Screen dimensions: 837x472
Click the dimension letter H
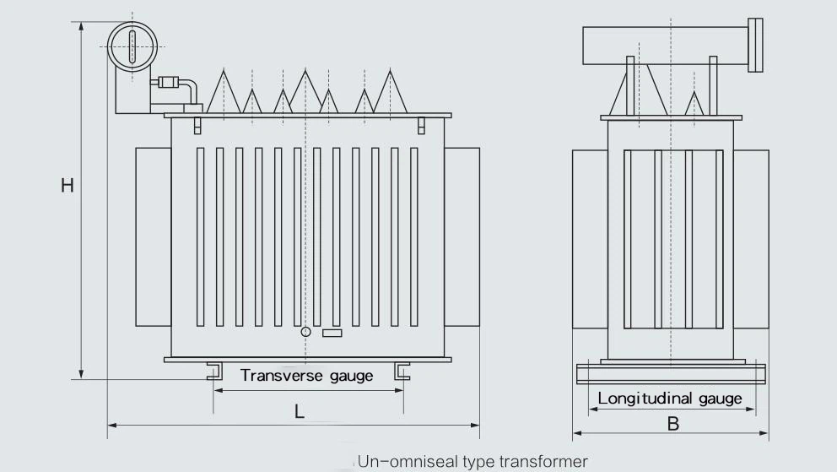[x=67, y=185]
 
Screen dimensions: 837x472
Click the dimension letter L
[x=300, y=411]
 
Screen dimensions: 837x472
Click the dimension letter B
[x=673, y=424]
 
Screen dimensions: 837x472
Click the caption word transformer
[x=543, y=461]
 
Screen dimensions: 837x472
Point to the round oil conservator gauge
[x=132, y=47]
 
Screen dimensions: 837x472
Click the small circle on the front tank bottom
[x=306, y=332]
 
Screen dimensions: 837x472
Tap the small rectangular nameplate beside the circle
[x=332, y=334]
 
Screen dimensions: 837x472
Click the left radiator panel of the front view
[x=154, y=237]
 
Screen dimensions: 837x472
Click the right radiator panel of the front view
[x=462, y=237]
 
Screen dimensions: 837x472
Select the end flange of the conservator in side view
[x=755, y=45]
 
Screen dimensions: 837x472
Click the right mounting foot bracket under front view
[x=402, y=371]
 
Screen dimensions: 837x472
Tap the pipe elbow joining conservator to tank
[x=189, y=89]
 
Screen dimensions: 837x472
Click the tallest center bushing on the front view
[x=305, y=91]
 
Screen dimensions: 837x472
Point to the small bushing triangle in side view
[x=694, y=103]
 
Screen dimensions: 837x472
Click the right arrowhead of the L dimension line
[x=476, y=426]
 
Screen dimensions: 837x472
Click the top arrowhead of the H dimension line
[x=81, y=27]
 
